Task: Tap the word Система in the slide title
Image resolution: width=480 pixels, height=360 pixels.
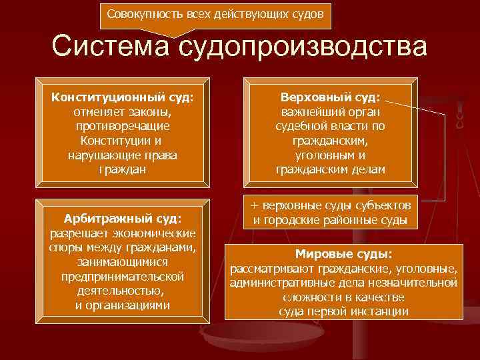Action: coord(110,47)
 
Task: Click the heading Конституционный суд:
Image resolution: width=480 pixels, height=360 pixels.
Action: coord(123,97)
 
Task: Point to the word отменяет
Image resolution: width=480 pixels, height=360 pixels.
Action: coord(99,112)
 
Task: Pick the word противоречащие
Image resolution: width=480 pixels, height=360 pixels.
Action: coord(123,126)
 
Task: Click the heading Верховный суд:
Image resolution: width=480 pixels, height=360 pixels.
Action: coord(331,97)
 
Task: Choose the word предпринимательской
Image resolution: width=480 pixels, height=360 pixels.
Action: coord(123,276)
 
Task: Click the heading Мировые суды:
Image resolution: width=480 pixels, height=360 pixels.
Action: coord(343,254)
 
